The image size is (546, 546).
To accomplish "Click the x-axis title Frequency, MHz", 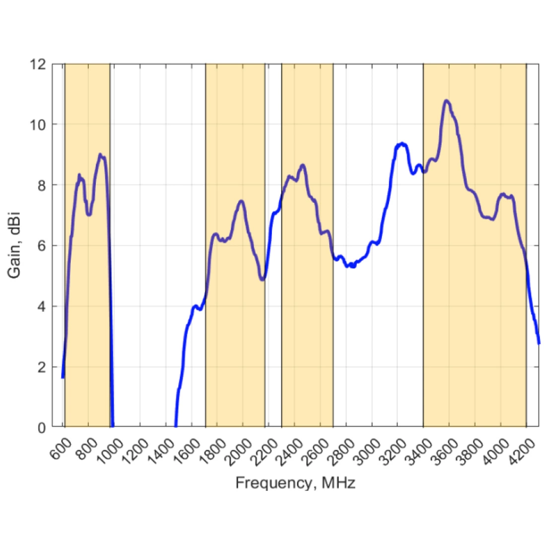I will (295, 482).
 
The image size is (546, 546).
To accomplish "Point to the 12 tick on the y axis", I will (40, 64).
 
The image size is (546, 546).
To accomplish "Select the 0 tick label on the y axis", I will (42, 427).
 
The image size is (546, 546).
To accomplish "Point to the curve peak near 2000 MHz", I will (242, 201).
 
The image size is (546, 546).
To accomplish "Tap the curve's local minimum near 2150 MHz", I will (262, 280).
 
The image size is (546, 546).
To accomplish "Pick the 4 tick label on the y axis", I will (42, 306).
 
